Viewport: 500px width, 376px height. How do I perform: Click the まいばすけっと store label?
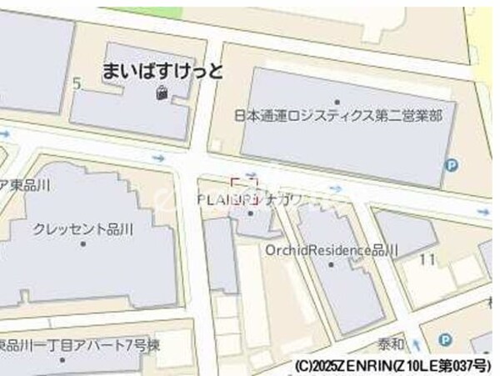(163, 71)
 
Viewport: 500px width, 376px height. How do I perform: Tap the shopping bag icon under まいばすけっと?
(161, 94)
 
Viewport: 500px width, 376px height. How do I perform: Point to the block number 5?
(77, 83)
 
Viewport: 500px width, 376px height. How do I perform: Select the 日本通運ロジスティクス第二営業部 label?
(337, 116)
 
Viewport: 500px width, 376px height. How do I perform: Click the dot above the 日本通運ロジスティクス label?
(337, 102)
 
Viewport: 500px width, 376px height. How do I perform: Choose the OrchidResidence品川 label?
(331, 249)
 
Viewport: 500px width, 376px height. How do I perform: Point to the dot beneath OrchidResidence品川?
(332, 264)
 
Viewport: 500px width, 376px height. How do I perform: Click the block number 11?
(427, 259)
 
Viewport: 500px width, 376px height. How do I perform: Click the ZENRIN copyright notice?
(394, 366)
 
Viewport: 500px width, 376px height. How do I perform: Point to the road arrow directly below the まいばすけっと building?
(158, 158)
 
